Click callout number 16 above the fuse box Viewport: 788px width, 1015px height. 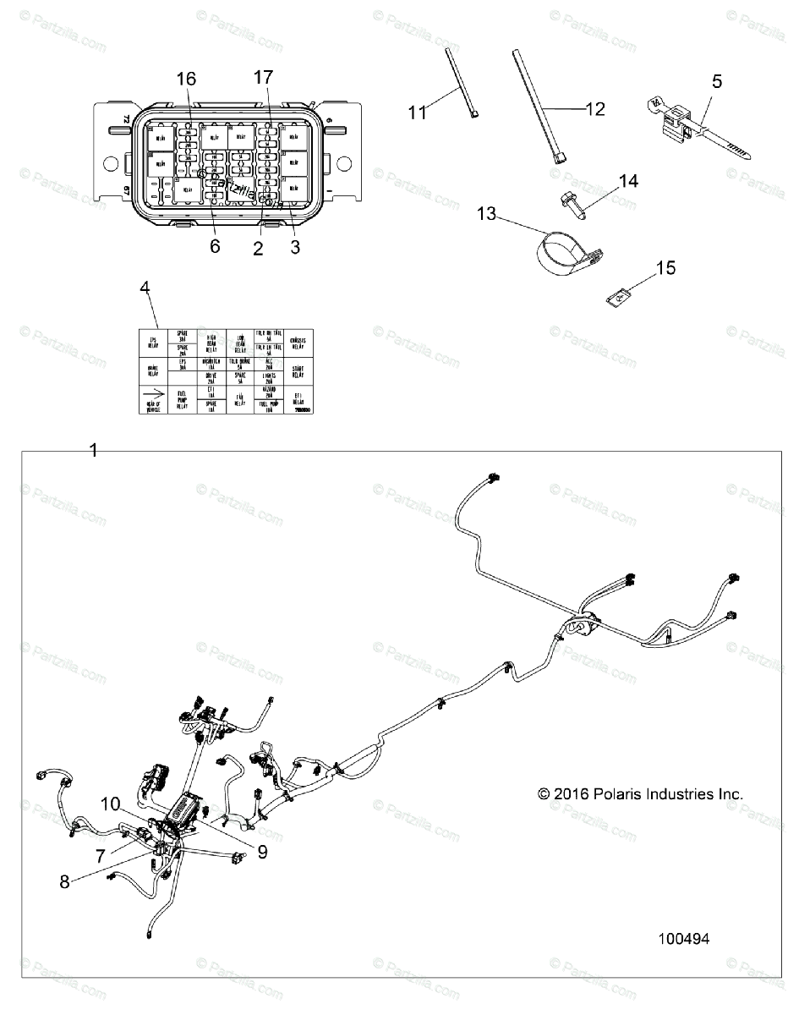click(186, 80)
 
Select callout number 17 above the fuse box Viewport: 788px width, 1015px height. click(264, 77)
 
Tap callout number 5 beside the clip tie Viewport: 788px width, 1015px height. click(717, 82)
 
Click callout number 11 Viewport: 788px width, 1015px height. click(418, 112)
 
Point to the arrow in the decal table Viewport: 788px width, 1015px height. click(154, 393)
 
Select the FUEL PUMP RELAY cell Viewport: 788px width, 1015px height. click(182, 398)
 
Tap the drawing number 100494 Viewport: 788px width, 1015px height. click(683, 939)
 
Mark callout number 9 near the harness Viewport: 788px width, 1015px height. click(262, 853)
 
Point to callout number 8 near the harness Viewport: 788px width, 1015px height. click(64, 880)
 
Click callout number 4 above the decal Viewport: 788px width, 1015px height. click(145, 288)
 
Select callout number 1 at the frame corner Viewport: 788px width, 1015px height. click(94, 450)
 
